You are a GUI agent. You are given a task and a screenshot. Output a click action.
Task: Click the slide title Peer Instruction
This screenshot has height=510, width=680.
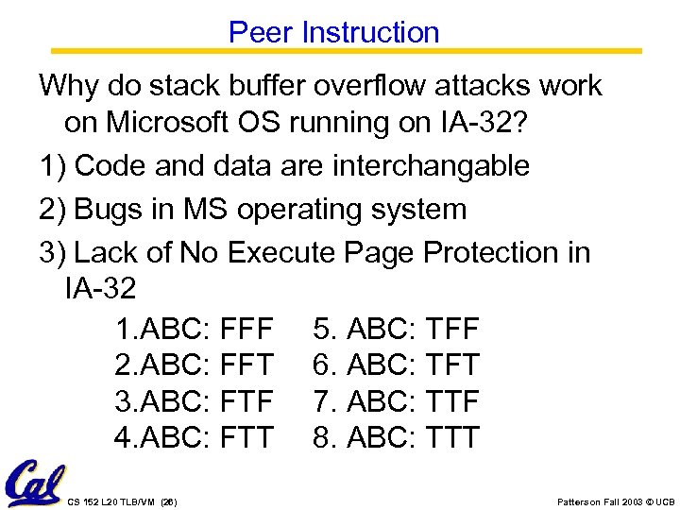[x=333, y=32]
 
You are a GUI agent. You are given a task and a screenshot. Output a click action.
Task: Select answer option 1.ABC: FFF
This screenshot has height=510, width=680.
[x=195, y=330]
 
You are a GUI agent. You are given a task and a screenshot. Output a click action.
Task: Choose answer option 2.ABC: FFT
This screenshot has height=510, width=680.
[x=195, y=365]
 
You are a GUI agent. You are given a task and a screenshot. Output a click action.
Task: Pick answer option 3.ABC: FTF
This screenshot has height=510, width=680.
[x=195, y=401]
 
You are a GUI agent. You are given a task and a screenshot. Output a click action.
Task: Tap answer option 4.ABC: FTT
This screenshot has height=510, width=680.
[x=195, y=437]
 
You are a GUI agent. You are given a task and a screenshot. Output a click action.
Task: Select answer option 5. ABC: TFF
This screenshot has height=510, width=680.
[x=397, y=330]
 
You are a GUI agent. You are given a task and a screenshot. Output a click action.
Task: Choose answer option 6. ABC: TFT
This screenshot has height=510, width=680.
[x=397, y=365]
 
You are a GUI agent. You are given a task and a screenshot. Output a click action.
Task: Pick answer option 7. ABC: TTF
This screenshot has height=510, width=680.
[x=397, y=401]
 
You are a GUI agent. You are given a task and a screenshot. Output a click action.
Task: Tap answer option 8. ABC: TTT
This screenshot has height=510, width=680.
[x=397, y=437]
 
